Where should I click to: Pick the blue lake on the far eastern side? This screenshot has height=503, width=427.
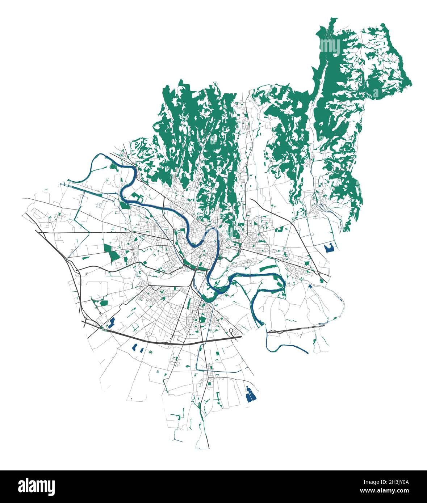(329, 248)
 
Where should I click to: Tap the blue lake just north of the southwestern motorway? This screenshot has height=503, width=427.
(112, 322)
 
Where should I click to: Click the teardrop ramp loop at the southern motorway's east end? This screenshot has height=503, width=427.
(231, 331)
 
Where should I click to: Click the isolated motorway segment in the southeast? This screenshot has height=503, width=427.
(297, 329)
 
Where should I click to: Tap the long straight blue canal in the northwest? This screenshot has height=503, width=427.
(91, 189)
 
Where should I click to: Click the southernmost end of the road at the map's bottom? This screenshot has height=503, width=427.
(209, 448)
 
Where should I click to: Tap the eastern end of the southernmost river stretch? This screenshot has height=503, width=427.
(308, 353)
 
